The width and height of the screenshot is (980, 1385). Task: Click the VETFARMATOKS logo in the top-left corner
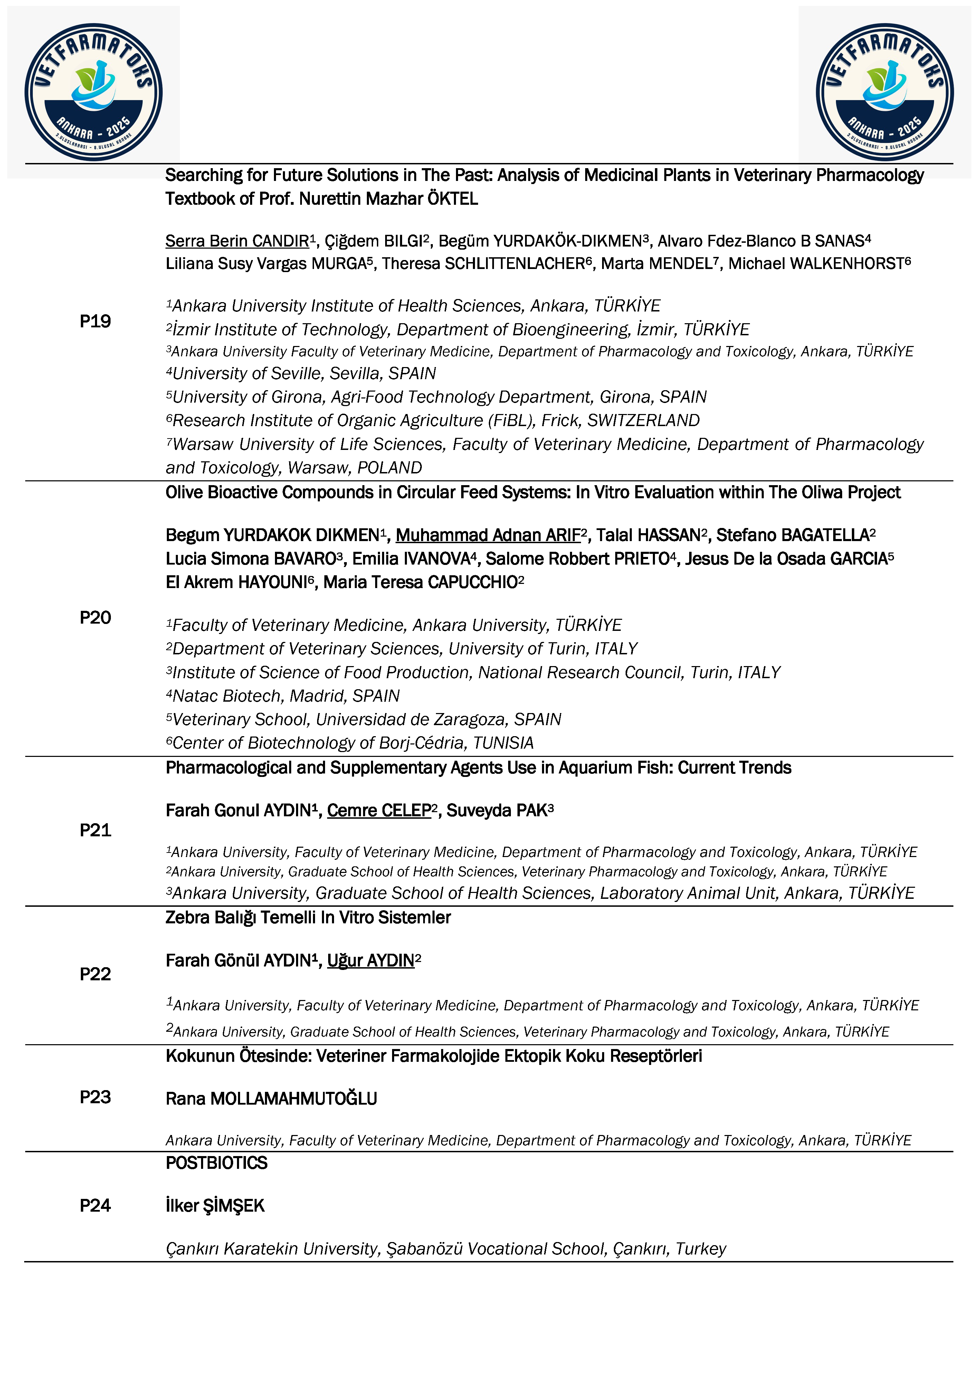[x=94, y=92]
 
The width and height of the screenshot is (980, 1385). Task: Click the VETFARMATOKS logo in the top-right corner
[x=885, y=92]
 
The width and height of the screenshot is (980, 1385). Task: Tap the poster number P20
[x=95, y=618]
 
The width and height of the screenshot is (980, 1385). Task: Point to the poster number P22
[x=95, y=974]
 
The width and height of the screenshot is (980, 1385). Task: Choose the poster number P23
[x=95, y=1097]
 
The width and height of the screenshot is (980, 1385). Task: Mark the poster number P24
[x=95, y=1206]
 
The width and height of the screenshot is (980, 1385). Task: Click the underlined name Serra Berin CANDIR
[x=237, y=241]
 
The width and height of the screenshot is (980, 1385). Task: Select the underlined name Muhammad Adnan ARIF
[x=488, y=535]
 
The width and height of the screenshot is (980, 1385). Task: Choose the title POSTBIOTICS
[x=216, y=1163]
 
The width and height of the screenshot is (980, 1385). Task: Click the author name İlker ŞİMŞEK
[x=215, y=1206]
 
